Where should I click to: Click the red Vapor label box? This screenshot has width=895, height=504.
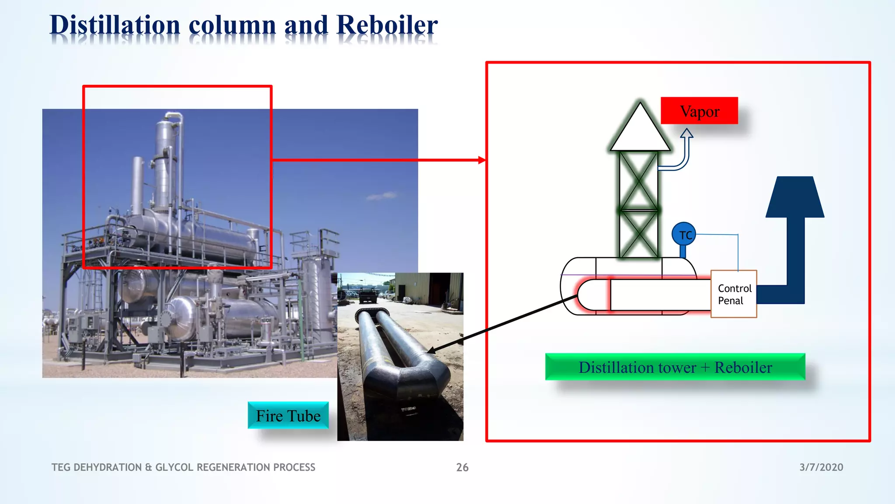point(699,111)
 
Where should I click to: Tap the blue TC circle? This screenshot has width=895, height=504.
point(684,234)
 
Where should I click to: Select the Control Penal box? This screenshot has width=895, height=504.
point(733,294)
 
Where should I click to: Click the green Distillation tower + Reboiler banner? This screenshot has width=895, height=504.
point(675,367)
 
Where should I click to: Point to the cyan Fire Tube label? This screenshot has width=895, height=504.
point(288,416)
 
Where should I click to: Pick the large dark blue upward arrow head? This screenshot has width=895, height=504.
point(795,197)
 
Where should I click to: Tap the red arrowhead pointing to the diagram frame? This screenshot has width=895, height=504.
point(482,160)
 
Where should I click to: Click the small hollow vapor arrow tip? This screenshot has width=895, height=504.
point(687,133)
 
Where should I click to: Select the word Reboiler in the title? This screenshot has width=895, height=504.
point(387,25)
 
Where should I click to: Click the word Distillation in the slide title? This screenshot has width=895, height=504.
point(115,25)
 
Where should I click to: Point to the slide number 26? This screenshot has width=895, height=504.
point(462,467)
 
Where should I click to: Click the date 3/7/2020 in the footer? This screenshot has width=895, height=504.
point(821,467)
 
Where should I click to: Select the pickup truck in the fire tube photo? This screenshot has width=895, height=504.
point(367,295)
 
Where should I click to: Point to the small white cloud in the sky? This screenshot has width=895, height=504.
point(382,196)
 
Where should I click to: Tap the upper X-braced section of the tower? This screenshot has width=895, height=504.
point(638,180)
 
